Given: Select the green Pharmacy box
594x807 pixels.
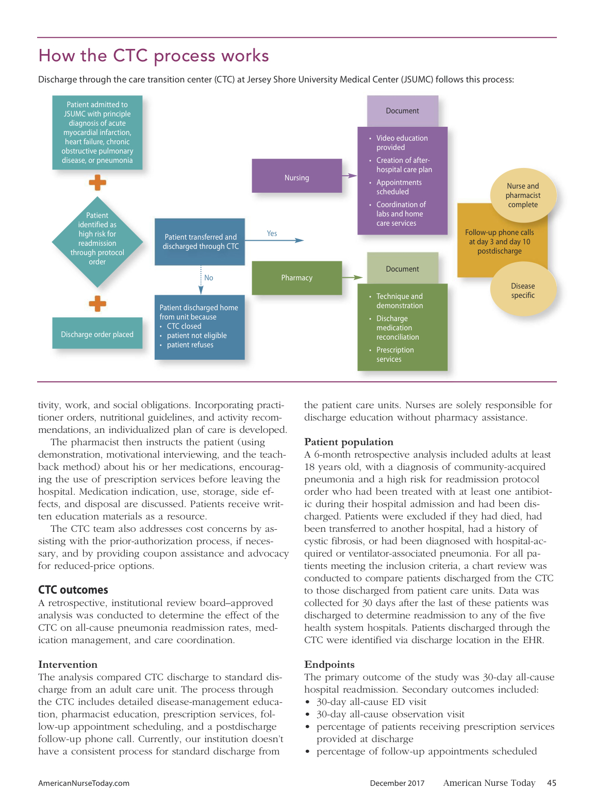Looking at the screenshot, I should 296,278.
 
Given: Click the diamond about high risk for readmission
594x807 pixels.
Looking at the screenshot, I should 97,239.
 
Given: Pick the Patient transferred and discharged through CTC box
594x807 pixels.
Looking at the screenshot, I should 200,242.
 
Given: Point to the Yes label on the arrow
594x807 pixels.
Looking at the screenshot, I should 272,233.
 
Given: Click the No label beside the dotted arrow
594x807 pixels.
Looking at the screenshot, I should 208,278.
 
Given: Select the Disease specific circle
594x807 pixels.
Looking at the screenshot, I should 523,291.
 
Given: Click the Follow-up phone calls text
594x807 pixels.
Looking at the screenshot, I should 499,242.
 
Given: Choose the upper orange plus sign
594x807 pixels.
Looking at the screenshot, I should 97,182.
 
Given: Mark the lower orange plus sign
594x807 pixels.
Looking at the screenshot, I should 97,304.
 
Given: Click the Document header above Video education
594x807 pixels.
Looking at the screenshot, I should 402,111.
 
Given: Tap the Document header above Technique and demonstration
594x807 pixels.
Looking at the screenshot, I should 402,269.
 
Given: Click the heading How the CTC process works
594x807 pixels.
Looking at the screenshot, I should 154,56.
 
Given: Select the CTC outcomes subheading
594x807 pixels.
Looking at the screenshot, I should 73,590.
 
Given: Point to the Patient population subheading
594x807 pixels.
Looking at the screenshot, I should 349,442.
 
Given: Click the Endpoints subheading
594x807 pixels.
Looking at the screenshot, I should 329,665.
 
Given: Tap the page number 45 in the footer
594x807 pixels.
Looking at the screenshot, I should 551,783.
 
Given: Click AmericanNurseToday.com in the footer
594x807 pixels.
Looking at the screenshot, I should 84,783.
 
